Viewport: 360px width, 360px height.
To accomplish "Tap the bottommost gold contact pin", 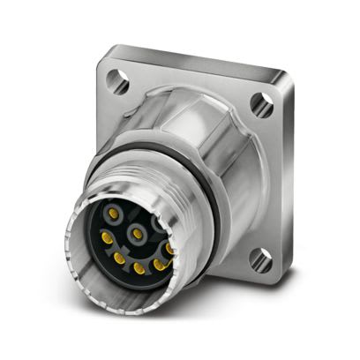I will coord(139,267).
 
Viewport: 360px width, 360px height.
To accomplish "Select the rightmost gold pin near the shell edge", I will coord(169,250).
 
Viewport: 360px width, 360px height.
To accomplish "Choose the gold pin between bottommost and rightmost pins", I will coord(159,263).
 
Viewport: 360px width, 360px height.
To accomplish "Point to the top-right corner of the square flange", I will coord(281,88).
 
